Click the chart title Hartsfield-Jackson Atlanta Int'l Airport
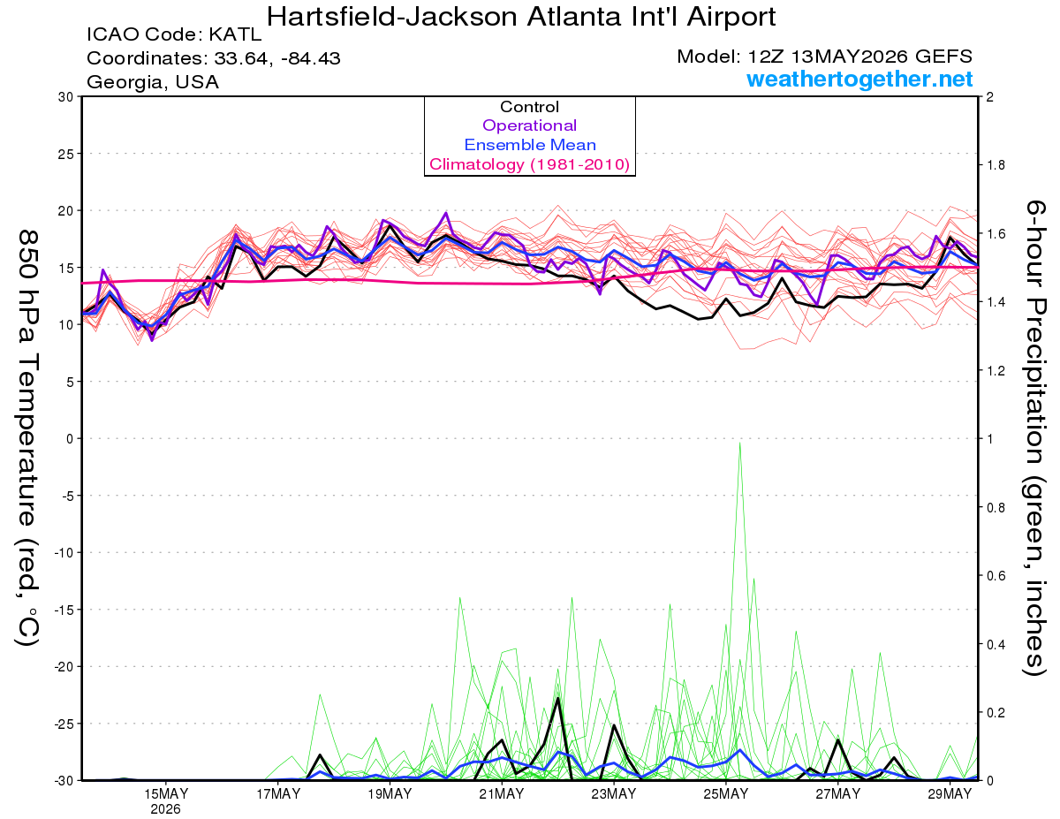click(x=520, y=17)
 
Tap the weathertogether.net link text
click(x=859, y=79)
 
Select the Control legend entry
click(x=529, y=107)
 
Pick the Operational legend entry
click(x=529, y=125)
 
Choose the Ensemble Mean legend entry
click(x=530, y=145)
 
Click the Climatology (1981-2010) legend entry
click(x=529, y=164)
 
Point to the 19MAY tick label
click(x=390, y=794)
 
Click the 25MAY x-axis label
click(x=725, y=794)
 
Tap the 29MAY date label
click(x=950, y=794)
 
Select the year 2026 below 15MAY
click(x=165, y=810)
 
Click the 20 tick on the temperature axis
click(x=66, y=211)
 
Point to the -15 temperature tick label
click(x=64, y=610)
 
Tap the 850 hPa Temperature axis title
click(x=27, y=438)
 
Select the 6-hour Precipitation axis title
click(x=1034, y=437)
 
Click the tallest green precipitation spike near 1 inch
click(x=740, y=443)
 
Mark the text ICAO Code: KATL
click(x=174, y=34)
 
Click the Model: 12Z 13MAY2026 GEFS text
click(x=824, y=57)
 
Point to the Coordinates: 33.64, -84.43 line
click(x=214, y=58)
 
